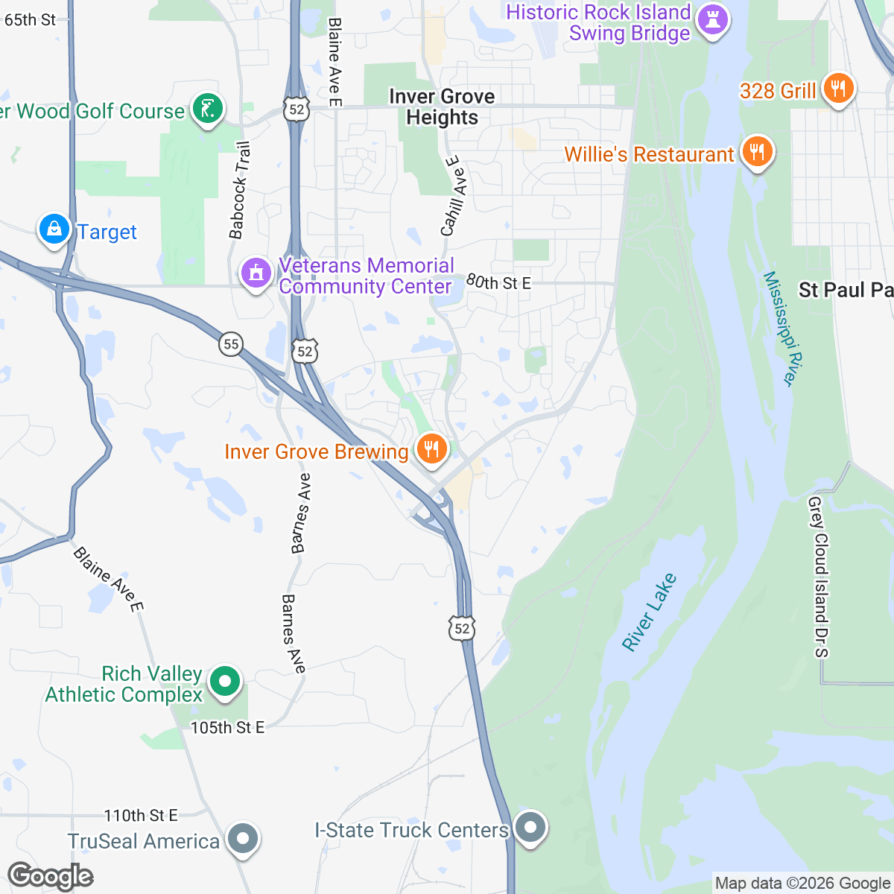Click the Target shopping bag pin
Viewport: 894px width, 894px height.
pyautogui.click(x=54, y=230)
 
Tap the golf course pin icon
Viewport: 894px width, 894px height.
pyautogui.click(x=207, y=110)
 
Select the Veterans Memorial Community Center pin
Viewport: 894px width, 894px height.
pyautogui.click(x=256, y=273)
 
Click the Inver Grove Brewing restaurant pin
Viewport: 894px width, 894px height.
pyautogui.click(x=431, y=449)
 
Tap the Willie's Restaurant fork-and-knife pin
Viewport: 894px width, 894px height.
pyautogui.click(x=756, y=152)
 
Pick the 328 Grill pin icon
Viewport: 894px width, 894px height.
pyautogui.click(x=838, y=89)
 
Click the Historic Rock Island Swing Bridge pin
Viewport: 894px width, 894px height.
pyautogui.click(x=713, y=21)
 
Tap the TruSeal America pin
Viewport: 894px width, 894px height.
pyautogui.click(x=242, y=839)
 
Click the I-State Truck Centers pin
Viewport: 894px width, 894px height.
pyautogui.click(x=530, y=827)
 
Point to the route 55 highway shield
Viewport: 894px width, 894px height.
pyautogui.click(x=232, y=344)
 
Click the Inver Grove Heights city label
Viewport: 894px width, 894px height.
pyautogui.click(x=442, y=107)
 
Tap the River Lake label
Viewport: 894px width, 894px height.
pyautogui.click(x=650, y=612)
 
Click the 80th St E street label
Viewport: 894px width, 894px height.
pyautogui.click(x=498, y=282)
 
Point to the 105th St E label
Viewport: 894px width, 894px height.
pyautogui.click(x=227, y=727)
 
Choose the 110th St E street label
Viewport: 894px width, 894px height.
pyautogui.click(x=141, y=816)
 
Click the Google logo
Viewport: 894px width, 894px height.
pyautogui.click(x=51, y=876)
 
